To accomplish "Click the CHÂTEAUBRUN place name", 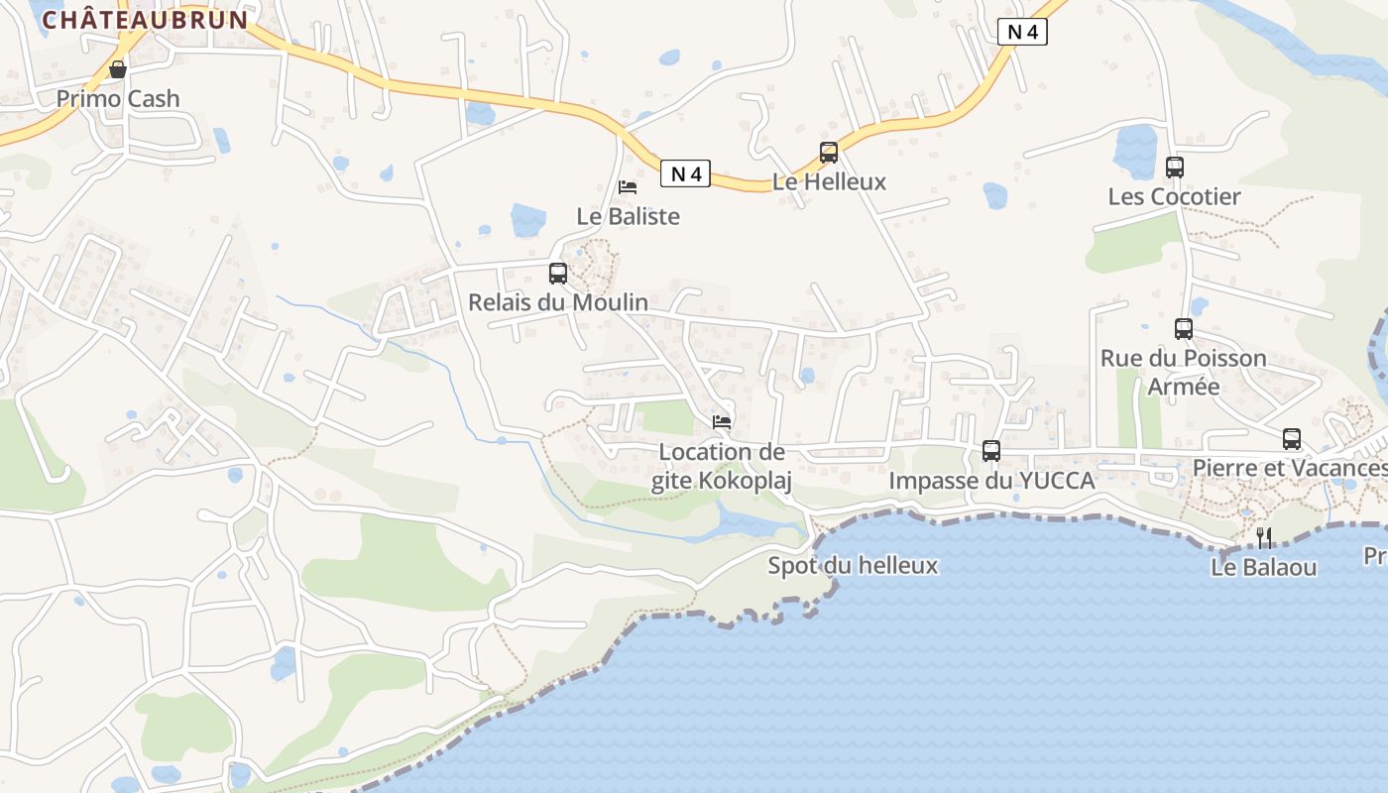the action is pos(145,20).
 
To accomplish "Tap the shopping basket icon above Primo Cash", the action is pos(118,69).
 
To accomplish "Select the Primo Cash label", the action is pos(118,98).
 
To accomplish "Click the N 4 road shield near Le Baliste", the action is pos(685,174).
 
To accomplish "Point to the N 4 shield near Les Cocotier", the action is pos(1022,32).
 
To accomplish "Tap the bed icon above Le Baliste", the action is pos(628,186).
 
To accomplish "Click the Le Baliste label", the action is pos(629,215).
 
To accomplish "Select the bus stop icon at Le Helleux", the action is pos(829,153).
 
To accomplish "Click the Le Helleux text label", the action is pos(829,182).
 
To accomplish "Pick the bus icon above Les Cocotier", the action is pos(1175,168).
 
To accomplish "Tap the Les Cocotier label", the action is pos(1174,196).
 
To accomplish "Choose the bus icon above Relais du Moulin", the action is pos(558,274).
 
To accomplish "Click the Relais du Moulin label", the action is pos(558,302).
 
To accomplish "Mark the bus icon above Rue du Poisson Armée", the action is pos(1184,329).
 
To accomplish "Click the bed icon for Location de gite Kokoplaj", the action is pos(722,422).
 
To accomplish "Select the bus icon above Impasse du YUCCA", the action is pos(991,451).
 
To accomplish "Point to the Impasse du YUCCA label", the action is pos(991,481).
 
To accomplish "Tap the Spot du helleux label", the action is pos(853,566).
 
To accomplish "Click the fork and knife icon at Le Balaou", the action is pos(1264,538).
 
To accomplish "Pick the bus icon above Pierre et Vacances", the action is pos(1292,438).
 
